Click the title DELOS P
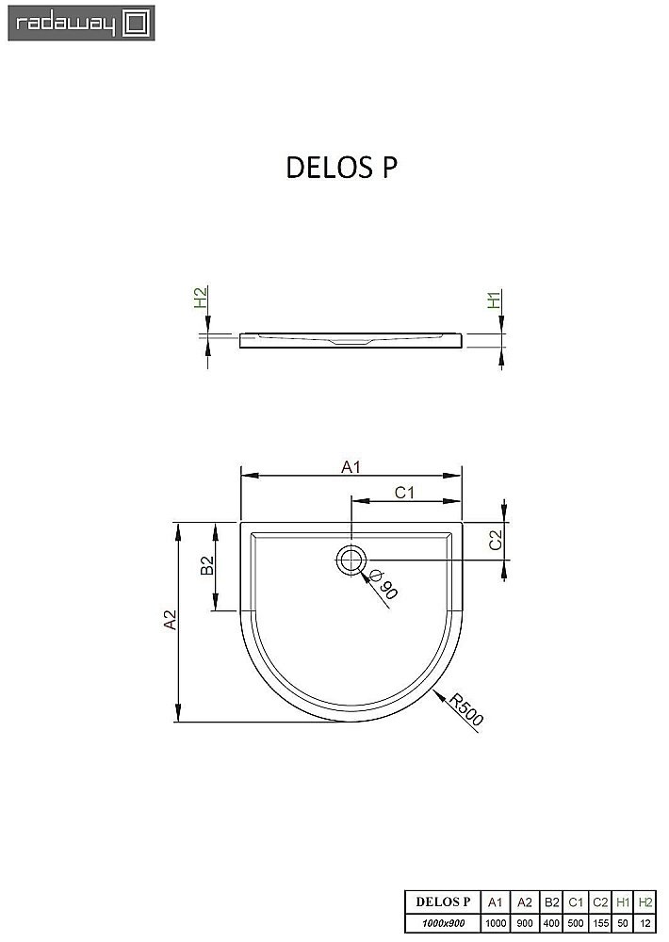point(341,167)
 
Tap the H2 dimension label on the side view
point(200,299)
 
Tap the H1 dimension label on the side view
point(493,300)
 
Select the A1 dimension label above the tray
point(351,466)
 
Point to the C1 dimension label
point(405,493)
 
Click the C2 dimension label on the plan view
point(495,540)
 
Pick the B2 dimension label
point(208,565)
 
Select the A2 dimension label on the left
point(170,621)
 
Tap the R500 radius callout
point(465,710)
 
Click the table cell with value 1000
point(496,924)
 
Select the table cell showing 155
point(600,924)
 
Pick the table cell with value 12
point(645,924)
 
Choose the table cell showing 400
point(551,924)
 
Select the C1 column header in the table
point(576,902)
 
